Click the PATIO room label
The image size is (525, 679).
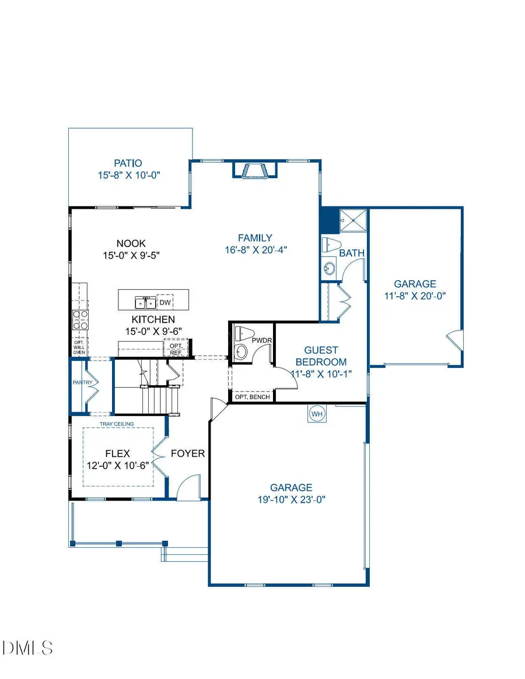(x=128, y=164)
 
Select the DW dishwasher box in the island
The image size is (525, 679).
(x=165, y=302)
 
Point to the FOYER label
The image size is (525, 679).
(x=187, y=453)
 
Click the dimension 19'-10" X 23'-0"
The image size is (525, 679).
(x=290, y=499)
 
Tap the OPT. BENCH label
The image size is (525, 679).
(x=252, y=397)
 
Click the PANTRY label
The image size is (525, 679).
(x=80, y=383)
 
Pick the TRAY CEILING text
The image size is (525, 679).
(x=117, y=424)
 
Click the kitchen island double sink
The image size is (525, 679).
(x=144, y=302)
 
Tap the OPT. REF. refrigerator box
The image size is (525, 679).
(x=176, y=349)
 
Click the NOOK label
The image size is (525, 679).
(x=131, y=244)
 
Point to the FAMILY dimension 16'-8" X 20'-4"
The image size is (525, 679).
(x=255, y=249)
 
